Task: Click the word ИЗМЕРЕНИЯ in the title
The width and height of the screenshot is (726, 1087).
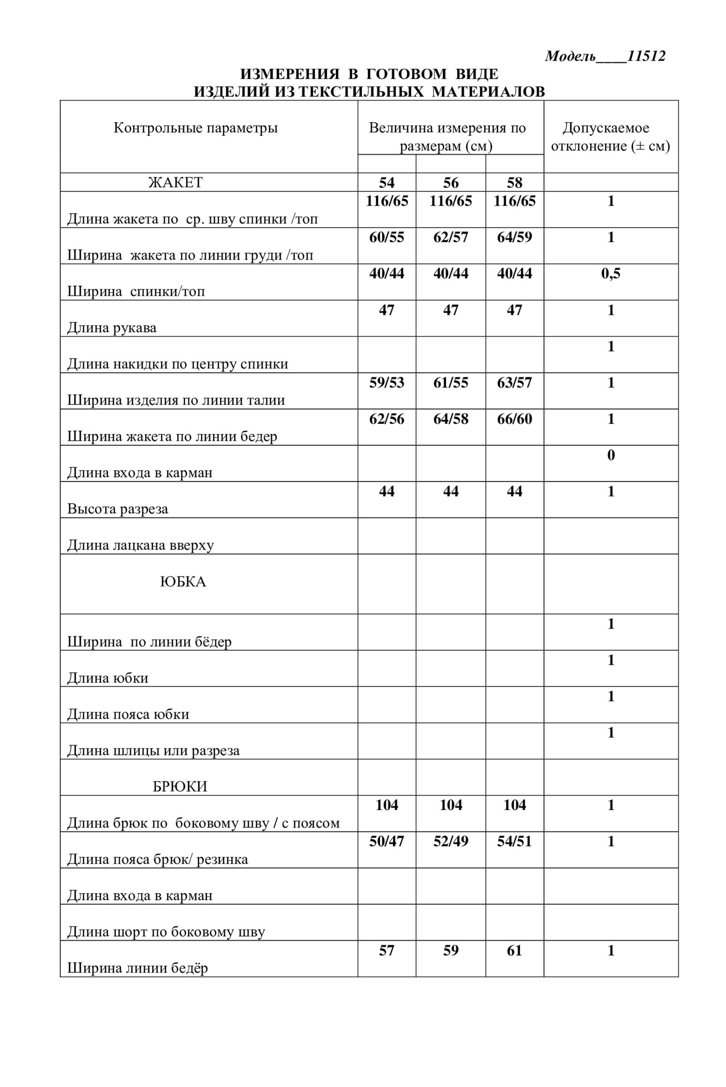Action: click(289, 73)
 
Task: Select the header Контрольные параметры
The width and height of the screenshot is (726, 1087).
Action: click(195, 128)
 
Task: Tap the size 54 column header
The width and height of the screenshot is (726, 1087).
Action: click(387, 182)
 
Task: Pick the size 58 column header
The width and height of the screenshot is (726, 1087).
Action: click(515, 182)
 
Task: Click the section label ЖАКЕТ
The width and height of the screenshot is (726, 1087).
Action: click(175, 182)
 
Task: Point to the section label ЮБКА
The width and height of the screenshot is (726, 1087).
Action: click(183, 581)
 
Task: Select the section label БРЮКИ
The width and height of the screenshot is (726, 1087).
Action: click(180, 786)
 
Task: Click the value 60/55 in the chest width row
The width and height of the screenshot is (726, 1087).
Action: click(387, 237)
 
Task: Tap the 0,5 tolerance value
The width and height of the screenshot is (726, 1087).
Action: click(611, 273)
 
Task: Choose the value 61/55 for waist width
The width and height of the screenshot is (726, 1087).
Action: click(451, 382)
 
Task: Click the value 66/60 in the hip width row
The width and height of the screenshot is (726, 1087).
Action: click(515, 419)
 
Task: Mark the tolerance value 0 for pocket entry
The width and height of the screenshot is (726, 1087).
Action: click(611, 455)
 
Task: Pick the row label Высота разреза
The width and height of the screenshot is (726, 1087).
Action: click(117, 509)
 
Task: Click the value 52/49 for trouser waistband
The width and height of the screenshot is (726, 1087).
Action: click(451, 841)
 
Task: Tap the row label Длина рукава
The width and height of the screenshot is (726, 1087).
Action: click(112, 328)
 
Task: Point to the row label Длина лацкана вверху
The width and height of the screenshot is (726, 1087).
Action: click(141, 545)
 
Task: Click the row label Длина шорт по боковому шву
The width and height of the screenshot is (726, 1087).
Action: click(166, 931)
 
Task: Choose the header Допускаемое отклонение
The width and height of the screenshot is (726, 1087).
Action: click(610, 137)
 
